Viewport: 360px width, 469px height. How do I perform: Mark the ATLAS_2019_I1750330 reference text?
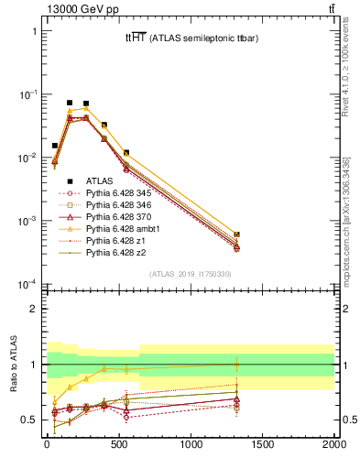(x=190, y=273)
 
